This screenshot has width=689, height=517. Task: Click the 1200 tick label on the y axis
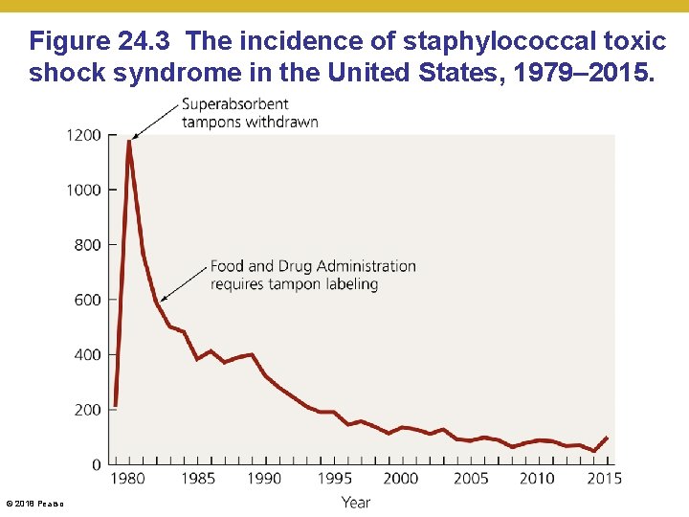coord(84,135)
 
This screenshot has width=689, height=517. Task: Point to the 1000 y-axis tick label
coord(84,190)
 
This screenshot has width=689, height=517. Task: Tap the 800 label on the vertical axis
coord(87,245)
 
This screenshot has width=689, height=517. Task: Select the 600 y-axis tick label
coord(87,300)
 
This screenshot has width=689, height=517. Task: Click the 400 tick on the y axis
coord(87,355)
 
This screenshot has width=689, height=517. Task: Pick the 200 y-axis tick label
coord(87,410)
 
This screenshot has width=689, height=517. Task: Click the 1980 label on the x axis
coord(129,478)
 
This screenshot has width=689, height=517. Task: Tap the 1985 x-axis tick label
coord(197,478)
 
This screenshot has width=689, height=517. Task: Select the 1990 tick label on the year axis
coord(265,478)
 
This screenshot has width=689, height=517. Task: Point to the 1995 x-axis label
coord(333,478)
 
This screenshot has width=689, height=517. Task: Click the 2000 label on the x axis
coord(401,478)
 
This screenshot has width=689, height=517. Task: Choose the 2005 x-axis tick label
coord(469,478)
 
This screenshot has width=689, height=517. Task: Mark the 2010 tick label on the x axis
coord(537,478)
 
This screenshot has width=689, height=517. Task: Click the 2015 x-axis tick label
coord(604,478)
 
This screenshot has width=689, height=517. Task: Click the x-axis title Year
coord(355,502)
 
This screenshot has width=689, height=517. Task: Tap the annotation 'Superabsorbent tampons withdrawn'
coord(250,113)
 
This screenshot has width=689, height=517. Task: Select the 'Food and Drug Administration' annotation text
coord(313,266)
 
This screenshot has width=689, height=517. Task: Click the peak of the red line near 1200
coord(128,142)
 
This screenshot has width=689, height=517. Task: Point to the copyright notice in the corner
coord(34,503)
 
